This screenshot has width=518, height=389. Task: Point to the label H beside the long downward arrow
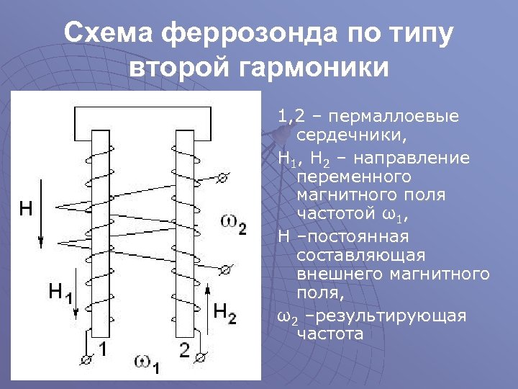tap(25, 209)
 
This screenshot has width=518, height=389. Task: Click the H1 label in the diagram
tap(61, 292)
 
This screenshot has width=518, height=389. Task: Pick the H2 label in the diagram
tap(225, 312)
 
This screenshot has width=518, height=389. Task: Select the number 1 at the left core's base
tap(103, 349)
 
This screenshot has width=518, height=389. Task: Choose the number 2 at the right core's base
tap(184, 350)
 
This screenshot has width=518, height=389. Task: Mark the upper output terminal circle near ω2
tap(224, 177)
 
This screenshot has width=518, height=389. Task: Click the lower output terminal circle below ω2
tap(224, 269)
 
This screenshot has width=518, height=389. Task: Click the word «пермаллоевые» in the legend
tap(391, 117)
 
